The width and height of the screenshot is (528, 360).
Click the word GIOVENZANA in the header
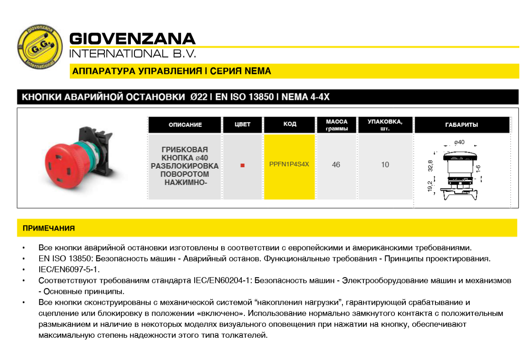tap(132, 38)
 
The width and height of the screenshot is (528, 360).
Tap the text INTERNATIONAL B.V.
tap(132, 54)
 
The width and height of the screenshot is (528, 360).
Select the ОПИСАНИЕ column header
tap(185, 125)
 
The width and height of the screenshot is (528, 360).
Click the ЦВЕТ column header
tap(242, 124)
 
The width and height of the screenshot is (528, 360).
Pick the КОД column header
tap(290, 124)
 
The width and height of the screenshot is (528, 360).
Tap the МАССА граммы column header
tap(336, 125)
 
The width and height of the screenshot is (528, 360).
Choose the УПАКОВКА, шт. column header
tap(385, 125)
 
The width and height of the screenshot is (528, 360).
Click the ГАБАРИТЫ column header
tap(461, 125)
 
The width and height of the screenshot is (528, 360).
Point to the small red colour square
tap(243, 165)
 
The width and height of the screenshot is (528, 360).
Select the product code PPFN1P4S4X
tap(290, 165)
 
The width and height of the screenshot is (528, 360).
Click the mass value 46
tap(336, 165)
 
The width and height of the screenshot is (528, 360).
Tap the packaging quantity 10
tap(385, 165)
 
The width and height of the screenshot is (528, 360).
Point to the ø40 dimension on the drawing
tap(459, 142)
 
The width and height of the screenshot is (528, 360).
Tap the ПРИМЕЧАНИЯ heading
tap(49, 228)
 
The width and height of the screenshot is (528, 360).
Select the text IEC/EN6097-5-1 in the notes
tap(69, 269)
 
